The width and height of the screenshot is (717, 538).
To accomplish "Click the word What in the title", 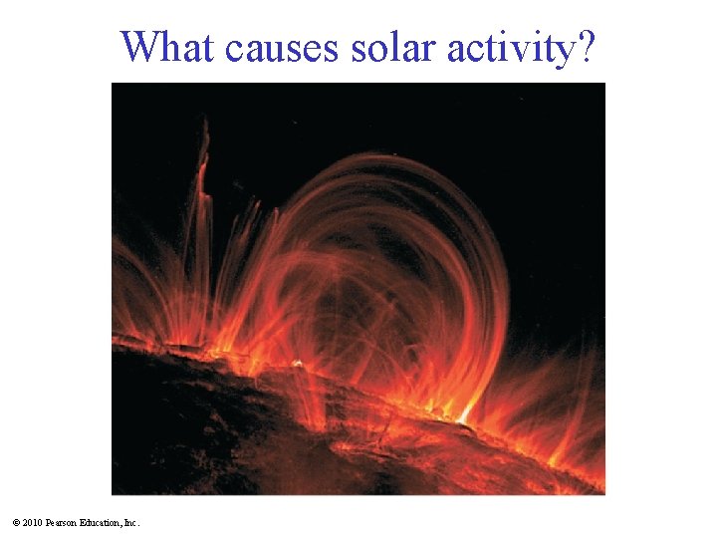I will (x=167, y=46).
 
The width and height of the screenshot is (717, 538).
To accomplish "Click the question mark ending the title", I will (x=591, y=46).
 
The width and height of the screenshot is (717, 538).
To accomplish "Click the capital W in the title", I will (x=137, y=46).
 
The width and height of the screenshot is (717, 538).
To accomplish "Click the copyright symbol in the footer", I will (x=18, y=523).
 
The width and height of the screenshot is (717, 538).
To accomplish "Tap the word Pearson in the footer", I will (x=65, y=523).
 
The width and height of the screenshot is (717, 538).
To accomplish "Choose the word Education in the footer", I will (x=105, y=523).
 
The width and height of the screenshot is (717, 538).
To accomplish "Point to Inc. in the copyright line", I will (x=133, y=523).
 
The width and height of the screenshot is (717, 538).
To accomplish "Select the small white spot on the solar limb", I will (x=296, y=363).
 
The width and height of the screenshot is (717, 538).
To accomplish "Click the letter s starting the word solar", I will (x=359, y=48).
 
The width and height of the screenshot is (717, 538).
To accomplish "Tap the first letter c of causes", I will (x=233, y=48).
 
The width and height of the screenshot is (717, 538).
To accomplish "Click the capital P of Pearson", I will (x=51, y=523).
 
